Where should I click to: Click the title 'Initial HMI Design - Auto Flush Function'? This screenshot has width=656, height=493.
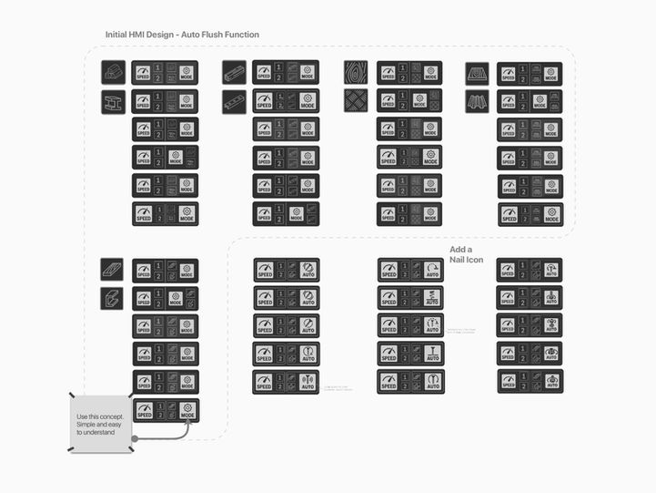[182, 35]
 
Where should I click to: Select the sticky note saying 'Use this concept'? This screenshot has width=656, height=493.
[101, 423]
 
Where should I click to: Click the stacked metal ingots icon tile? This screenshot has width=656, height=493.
[113, 72]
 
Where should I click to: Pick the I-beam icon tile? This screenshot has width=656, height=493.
[113, 101]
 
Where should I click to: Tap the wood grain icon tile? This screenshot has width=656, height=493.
[356, 72]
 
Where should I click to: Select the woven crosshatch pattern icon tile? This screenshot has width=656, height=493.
[356, 100]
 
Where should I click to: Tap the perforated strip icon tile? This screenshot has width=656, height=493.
[234, 101]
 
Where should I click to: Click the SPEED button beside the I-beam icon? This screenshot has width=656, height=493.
[143, 101]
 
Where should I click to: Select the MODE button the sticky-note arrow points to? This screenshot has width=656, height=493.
[187, 411]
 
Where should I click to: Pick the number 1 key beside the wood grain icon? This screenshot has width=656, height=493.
[402, 67]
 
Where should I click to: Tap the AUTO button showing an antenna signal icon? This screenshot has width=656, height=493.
[308, 382]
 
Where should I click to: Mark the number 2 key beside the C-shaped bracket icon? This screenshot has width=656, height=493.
[158, 303]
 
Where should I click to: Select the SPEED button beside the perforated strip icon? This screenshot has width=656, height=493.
[264, 101]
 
